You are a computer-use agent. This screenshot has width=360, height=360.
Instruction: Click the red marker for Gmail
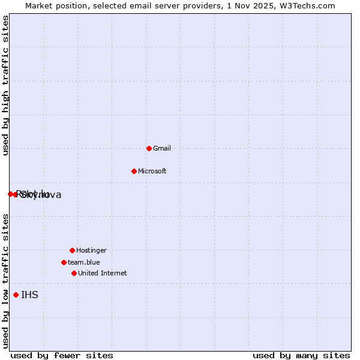pyautogui.click(x=149, y=148)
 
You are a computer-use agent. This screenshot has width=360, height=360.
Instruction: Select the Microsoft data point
pyautogui.click(x=134, y=171)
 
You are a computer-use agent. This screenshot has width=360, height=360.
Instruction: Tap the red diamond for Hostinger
pyautogui.click(x=72, y=250)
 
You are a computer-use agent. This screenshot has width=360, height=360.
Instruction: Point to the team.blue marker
pyautogui.click(x=64, y=262)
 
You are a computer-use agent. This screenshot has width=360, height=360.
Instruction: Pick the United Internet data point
pyautogui.click(x=74, y=273)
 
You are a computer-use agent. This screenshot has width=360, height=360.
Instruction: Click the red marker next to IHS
pyautogui.click(x=16, y=295)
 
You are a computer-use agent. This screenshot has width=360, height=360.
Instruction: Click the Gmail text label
pyautogui.click(x=162, y=148)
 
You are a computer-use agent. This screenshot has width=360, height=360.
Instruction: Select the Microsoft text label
pyautogui.click(x=152, y=171)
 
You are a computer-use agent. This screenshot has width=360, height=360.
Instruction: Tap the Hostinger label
pyautogui.click(x=91, y=250)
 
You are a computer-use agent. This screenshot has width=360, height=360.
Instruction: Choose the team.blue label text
pyautogui.click(x=84, y=262)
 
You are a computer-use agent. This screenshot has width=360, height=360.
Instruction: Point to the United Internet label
pyautogui.click(x=103, y=273)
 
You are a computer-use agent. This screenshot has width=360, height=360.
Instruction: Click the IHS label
pyautogui.click(x=29, y=295)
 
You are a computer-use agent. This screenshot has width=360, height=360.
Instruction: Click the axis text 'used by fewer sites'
pyautogui.click(x=62, y=355)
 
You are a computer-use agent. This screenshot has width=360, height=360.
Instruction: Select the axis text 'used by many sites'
pyautogui.click(x=301, y=355)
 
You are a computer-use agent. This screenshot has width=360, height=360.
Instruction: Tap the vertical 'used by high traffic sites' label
pyautogui.click(x=6, y=85)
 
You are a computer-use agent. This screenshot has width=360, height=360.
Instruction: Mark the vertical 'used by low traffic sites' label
pyautogui.click(x=6, y=281)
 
